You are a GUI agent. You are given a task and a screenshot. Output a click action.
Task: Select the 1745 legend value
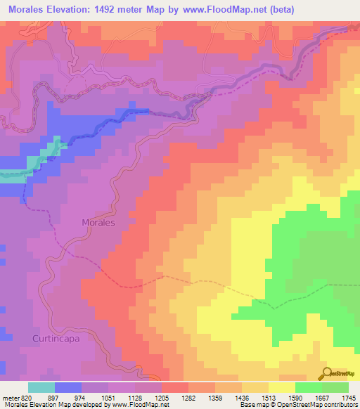[347, 397]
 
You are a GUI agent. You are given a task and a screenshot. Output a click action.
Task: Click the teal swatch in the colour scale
[41, 387]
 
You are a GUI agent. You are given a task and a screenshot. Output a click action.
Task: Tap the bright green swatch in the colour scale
[309, 387]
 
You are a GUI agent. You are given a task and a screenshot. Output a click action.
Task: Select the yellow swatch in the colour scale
[282, 387]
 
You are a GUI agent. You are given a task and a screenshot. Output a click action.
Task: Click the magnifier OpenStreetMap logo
[328, 373]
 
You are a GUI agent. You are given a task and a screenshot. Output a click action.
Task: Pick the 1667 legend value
[320, 397]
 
